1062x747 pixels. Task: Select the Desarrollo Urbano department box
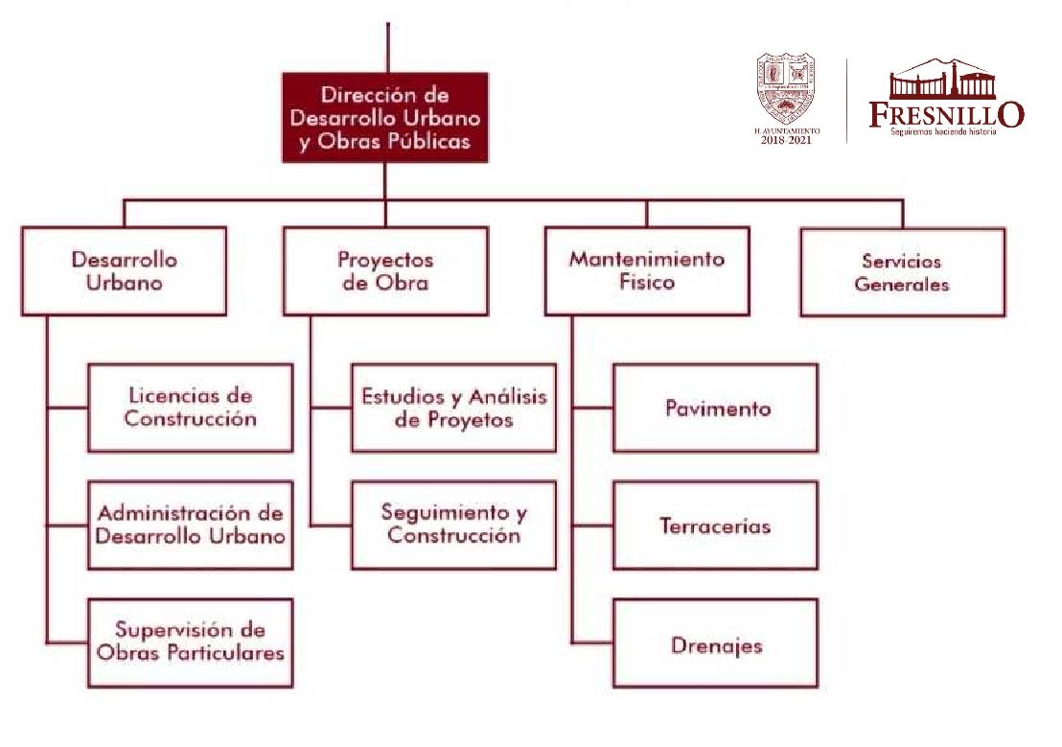click(x=124, y=271)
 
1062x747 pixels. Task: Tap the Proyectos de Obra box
click(x=385, y=271)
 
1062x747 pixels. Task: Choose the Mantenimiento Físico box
click(x=647, y=271)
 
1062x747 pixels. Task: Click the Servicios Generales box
click(x=902, y=272)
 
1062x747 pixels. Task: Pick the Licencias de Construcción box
click(x=190, y=408)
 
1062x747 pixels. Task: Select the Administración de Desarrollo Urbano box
click(x=190, y=525)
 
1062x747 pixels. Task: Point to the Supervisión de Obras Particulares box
click(x=190, y=642)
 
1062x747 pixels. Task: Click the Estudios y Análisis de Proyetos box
click(x=453, y=408)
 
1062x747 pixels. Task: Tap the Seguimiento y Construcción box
click(x=453, y=525)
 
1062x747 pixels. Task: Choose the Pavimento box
click(x=716, y=408)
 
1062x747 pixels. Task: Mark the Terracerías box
click(x=716, y=525)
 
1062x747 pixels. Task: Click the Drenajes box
click(x=716, y=643)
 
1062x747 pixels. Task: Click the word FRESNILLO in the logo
click(x=946, y=114)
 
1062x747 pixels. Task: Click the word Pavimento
click(x=718, y=409)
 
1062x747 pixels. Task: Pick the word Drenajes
click(x=717, y=645)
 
